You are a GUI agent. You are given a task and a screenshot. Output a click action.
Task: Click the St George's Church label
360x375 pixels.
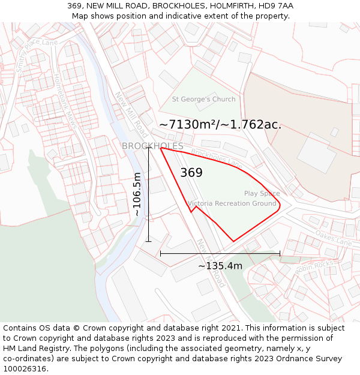tap(203, 99)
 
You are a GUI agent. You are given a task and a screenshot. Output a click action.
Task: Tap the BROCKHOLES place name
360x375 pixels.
tap(152, 146)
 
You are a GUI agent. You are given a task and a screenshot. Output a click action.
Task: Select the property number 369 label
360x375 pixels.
tap(191, 173)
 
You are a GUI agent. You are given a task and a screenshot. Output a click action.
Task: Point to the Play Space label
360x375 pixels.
tap(262, 193)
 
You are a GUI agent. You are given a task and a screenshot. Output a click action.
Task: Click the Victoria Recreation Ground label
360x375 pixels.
tap(233, 204)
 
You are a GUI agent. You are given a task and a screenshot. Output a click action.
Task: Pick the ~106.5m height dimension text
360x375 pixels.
tap(137, 194)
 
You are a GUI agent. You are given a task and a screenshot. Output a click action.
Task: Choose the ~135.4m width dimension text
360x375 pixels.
tap(220, 266)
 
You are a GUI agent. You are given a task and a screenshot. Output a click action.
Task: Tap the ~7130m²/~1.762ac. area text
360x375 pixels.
tap(220, 125)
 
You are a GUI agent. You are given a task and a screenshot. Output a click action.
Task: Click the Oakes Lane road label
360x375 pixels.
tap(334, 238)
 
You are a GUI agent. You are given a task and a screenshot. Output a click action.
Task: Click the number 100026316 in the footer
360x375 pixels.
tap(25, 369)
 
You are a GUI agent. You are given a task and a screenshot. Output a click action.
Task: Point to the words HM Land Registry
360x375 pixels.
tap(33, 349)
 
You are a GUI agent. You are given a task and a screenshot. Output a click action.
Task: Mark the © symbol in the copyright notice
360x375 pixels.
tap(76, 328)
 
